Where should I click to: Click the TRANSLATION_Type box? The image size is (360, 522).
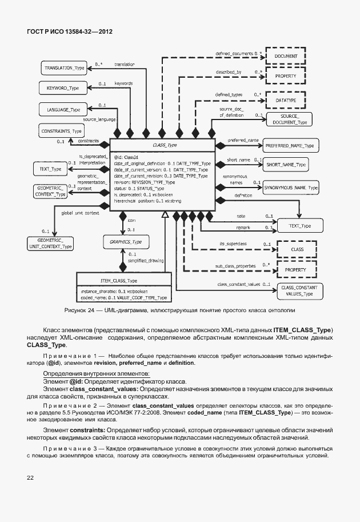point(64,68)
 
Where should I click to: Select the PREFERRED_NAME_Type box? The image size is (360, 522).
point(290,145)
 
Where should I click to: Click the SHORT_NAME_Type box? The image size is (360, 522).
point(286,165)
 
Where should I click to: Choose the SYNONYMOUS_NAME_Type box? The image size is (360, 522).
point(291,188)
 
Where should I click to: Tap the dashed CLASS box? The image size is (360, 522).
point(297,249)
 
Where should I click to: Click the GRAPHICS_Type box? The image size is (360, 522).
point(126,242)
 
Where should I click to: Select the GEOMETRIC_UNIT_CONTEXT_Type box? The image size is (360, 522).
point(51,243)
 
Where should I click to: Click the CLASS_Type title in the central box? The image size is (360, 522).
point(165,146)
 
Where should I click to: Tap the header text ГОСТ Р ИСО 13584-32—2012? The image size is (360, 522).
point(69,32)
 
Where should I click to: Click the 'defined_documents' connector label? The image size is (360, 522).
point(234,53)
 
